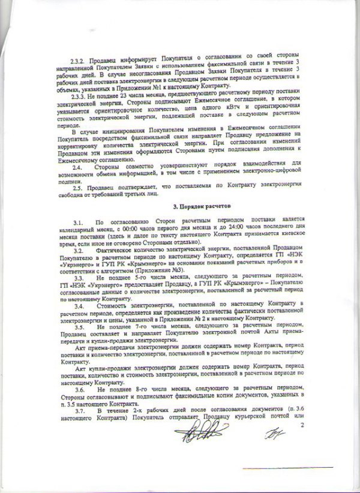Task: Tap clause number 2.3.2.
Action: [79, 62]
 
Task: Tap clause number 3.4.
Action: [76, 306]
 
